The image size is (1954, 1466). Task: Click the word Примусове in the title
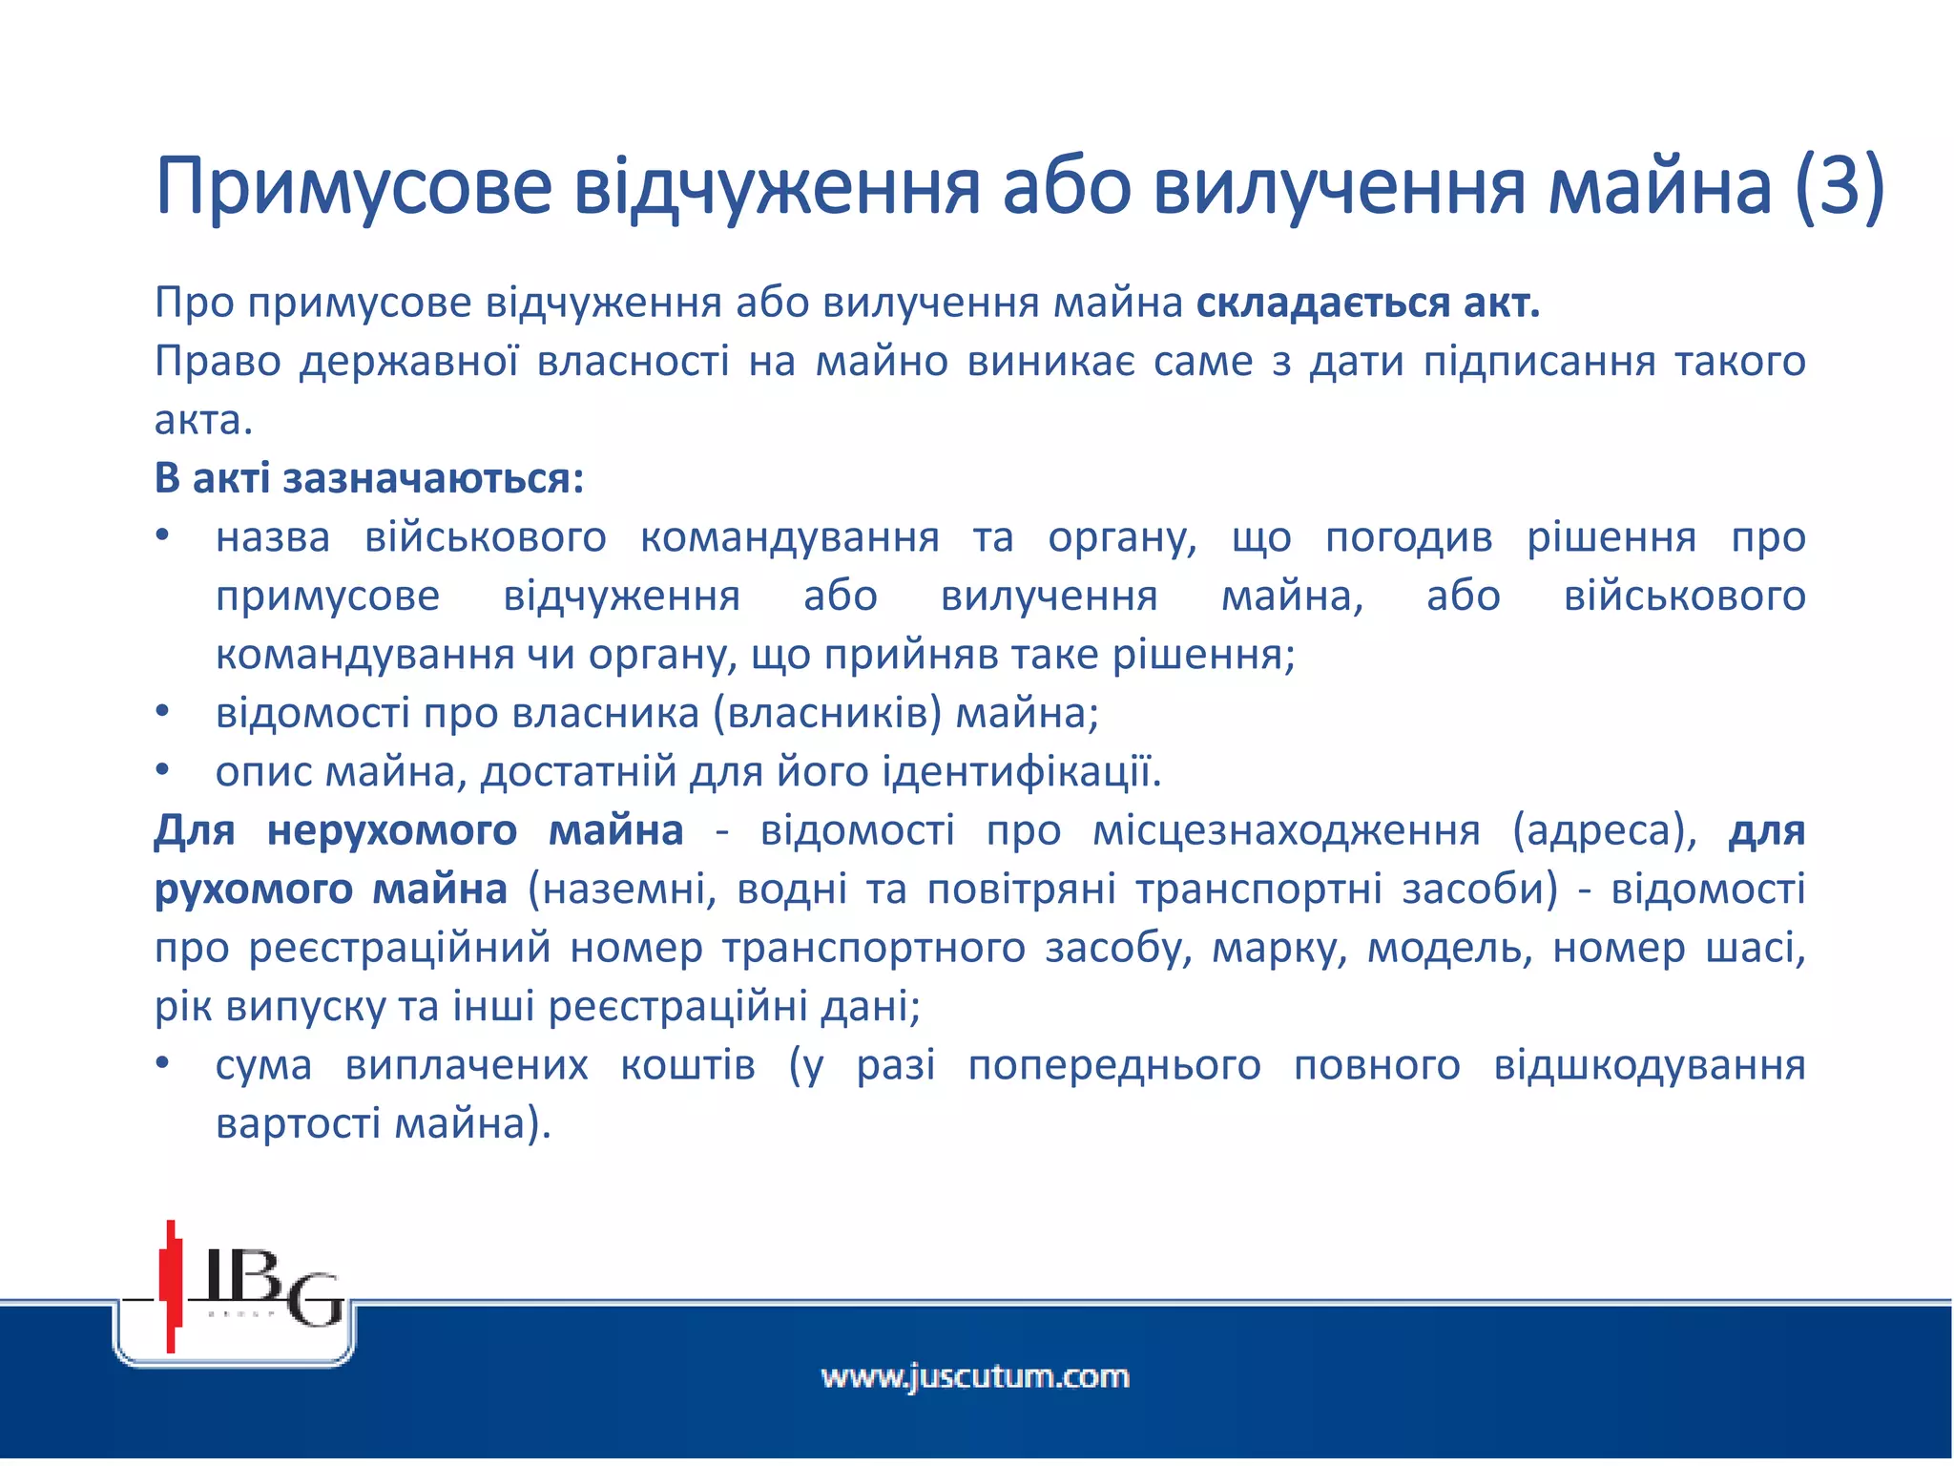click(353, 186)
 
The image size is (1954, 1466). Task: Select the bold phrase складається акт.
click(1368, 304)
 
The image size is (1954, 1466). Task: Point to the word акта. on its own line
click(203, 421)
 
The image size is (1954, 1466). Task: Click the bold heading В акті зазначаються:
click(368, 479)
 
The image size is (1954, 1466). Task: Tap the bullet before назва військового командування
click(163, 537)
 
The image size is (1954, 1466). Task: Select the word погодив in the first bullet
click(1408, 538)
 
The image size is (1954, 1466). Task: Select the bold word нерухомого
click(391, 831)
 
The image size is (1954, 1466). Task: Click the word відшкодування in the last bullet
click(1649, 1066)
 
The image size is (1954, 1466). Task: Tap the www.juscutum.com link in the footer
click(975, 1377)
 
